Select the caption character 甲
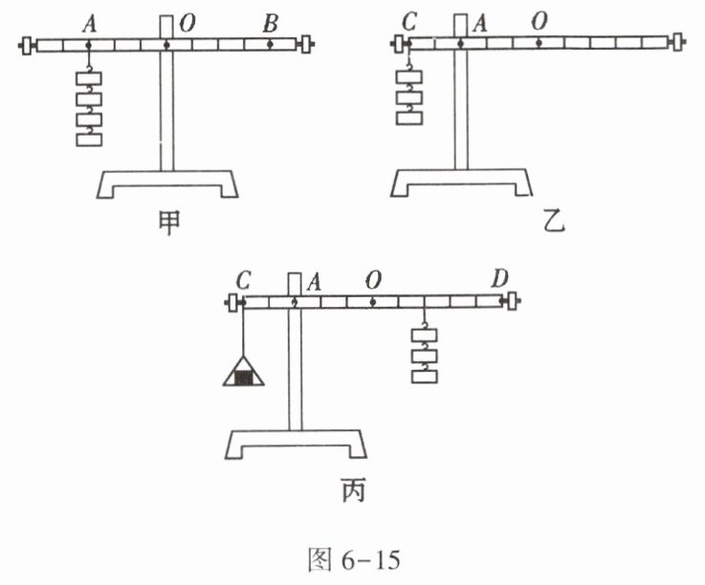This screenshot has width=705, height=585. (x=165, y=225)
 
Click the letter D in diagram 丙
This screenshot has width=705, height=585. (x=500, y=280)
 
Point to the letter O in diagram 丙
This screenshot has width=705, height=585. (x=375, y=281)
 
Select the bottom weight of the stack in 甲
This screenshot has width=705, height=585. (x=89, y=141)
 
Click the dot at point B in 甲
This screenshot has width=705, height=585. (x=271, y=44)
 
